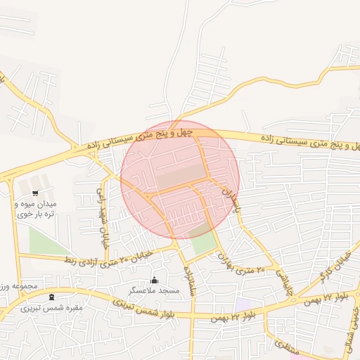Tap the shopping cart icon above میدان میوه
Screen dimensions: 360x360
click(35, 192)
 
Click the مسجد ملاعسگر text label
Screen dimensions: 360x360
click(154, 290)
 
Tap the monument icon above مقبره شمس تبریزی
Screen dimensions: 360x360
click(51, 298)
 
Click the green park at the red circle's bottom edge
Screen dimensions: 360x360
click(204, 240)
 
